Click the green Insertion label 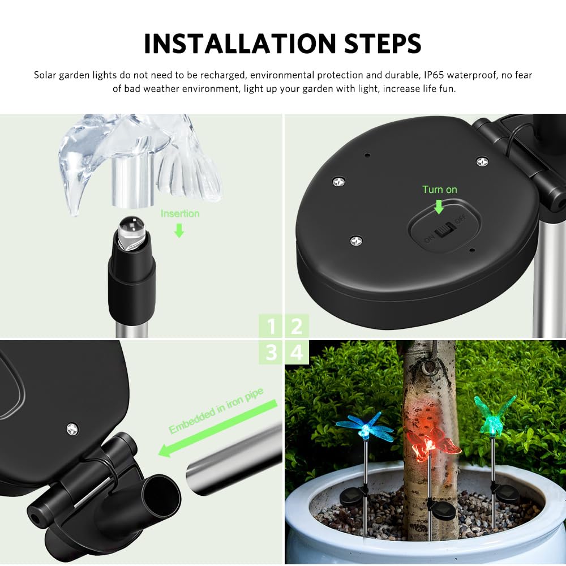coord(180,213)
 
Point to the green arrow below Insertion coord(179,230)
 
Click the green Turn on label coord(439,190)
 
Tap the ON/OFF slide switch coord(444,231)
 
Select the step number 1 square coord(272,327)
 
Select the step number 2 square coord(297,327)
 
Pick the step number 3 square coord(272,352)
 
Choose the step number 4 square coord(297,352)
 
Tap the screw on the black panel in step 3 coord(72,428)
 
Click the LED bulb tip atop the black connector coord(131,226)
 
